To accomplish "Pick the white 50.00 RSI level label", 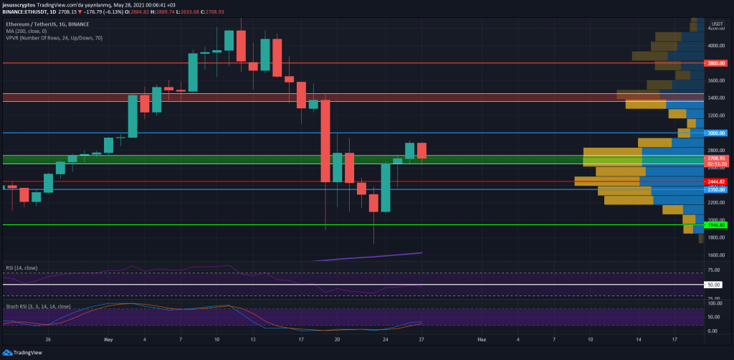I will [x=714, y=285].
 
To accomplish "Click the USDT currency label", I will [x=716, y=24].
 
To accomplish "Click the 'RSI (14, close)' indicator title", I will [x=21, y=268].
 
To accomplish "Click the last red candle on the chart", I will [x=422, y=151].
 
